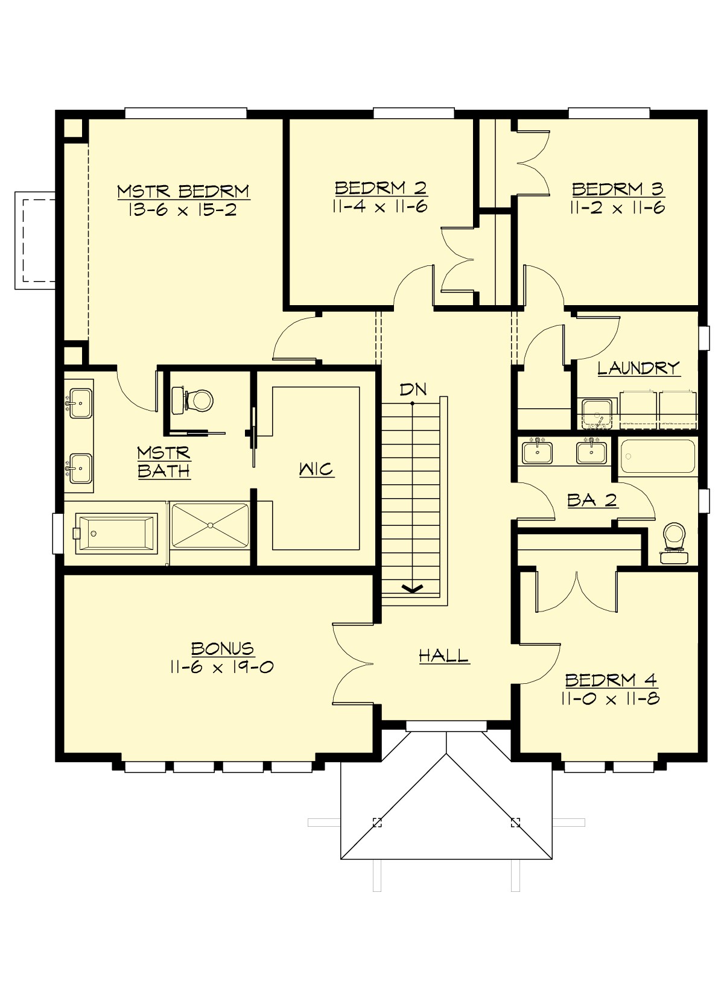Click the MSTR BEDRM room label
pos(183,191)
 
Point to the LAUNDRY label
pos(638,368)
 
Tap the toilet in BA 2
pos(672,543)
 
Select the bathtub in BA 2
pos(657,456)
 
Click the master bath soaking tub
pos(115,532)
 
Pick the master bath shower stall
pos(209,526)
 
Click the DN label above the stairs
pos(413,390)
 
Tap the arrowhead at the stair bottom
pos(412,588)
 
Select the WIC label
pos(316,469)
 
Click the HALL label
pos(443,655)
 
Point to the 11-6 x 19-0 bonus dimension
pos(222,666)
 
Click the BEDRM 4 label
pos(611,680)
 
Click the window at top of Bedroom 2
pos(413,113)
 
